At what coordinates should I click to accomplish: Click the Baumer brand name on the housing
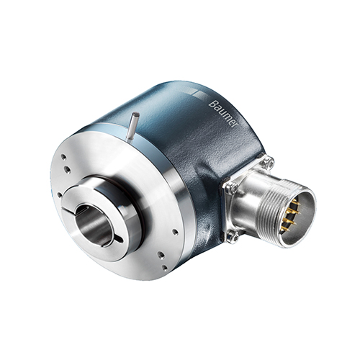(222, 113)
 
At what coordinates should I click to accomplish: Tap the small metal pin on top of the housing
(132, 127)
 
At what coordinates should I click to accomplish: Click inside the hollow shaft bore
(94, 225)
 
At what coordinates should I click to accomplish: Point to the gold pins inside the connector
(291, 215)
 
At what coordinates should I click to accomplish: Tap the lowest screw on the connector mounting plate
(233, 238)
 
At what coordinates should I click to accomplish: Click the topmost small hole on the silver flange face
(63, 157)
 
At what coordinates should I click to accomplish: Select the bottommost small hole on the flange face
(165, 267)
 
